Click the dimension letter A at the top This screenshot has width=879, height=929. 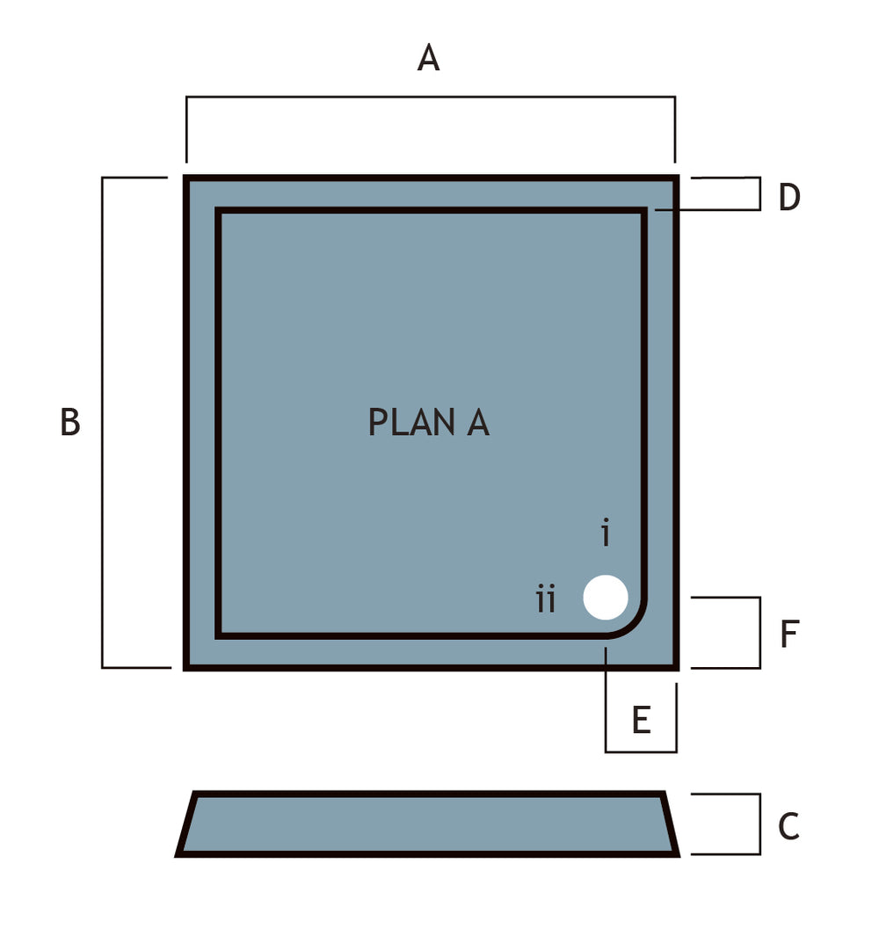tap(428, 58)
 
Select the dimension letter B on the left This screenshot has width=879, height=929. tap(70, 422)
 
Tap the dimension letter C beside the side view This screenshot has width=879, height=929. tap(788, 826)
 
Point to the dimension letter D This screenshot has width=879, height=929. tap(789, 197)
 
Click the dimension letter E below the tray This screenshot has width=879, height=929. tap(642, 720)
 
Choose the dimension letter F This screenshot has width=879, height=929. tap(790, 634)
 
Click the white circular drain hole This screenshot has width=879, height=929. tap(605, 598)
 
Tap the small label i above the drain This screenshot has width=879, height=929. tap(605, 532)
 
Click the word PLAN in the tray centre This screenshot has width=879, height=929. tap(412, 422)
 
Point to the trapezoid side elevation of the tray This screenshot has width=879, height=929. tap(427, 824)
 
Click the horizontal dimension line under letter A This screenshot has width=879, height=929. tap(431, 97)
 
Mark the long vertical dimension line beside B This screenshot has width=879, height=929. tap(103, 423)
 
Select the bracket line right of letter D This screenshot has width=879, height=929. tap(759, 193)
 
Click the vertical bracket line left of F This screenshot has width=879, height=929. tap(759, 633)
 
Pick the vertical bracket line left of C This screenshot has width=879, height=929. tap(759, 824)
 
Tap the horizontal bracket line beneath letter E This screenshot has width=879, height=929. tap(641, 751)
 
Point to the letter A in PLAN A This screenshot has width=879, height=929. tap(477, 422)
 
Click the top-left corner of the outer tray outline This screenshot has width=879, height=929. tap(185, 178)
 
